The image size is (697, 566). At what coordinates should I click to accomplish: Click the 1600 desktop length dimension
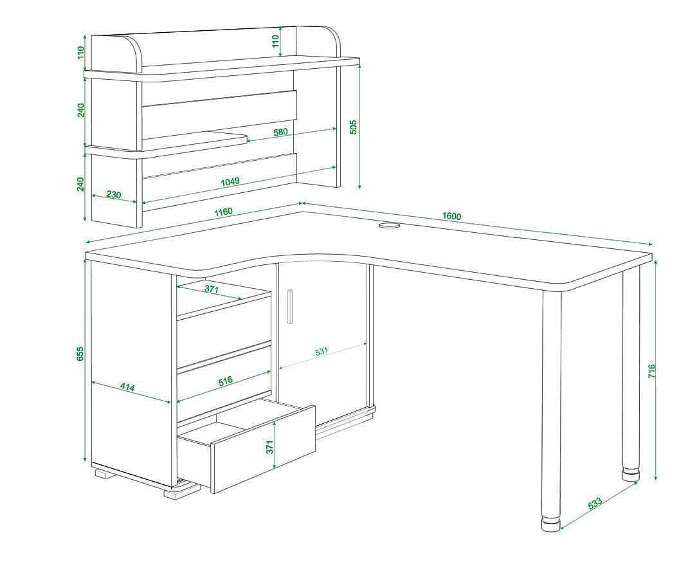point(451,216)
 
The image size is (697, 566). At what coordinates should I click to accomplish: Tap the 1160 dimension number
point(223,212)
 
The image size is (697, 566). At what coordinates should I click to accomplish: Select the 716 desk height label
point(651,371)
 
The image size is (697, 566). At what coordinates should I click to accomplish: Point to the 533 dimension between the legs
point(595,504)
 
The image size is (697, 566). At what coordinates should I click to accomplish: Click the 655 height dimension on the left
point(80,353)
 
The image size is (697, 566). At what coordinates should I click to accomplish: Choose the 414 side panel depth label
point(127,387)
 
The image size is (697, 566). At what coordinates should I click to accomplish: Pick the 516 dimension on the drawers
point(226,381)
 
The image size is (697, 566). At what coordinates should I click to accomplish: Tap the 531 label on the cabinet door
point(321,351)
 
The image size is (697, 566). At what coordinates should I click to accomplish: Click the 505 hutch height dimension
point(354,127)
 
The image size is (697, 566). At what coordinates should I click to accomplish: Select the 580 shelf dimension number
point(280,132)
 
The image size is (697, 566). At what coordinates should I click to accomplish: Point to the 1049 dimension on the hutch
point(230,181)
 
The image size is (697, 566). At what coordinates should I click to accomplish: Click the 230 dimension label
point(113,194)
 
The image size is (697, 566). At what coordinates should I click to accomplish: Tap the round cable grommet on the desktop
point(390,226)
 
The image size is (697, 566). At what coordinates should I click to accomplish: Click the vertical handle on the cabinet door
point(290,306)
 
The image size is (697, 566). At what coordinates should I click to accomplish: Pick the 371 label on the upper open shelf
point(212,289)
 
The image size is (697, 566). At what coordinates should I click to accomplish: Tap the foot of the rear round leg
point(631,473)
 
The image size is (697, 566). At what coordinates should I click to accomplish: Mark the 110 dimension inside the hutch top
point(275,41)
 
